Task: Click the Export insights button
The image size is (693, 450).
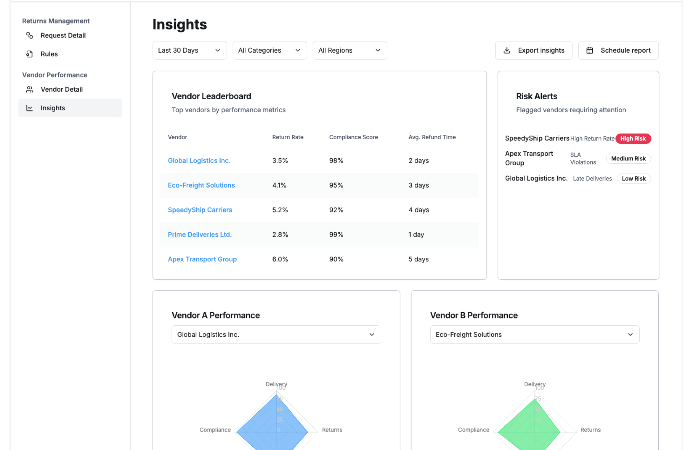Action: coord(533,50)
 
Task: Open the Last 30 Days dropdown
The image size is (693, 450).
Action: coord(189,50)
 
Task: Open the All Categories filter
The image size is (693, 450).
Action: coord(269,50)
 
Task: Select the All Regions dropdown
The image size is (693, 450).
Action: coord(349,50)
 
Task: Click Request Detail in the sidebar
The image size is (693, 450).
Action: coord(63,35)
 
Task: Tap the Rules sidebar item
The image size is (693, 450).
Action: coord(49,54)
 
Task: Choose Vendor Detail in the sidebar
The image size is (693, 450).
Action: coord(61,89)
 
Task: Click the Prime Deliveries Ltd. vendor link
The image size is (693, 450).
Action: coord(200,235)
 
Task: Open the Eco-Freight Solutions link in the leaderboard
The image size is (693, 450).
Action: coord(201,185)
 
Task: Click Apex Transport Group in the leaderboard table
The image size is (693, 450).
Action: coord(202,259)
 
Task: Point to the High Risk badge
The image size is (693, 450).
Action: coord(633,139)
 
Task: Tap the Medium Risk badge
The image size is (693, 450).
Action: coord(628,159)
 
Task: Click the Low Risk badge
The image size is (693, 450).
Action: coord(633,179)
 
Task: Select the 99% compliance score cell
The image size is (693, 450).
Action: coord(336,235)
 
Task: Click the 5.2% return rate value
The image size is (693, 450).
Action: coord(280,210)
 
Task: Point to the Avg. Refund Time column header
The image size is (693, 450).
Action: coord(432,137)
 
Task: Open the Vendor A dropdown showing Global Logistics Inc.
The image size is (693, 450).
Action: coord(276,335)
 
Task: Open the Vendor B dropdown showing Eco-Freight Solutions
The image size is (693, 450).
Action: coord(534,335)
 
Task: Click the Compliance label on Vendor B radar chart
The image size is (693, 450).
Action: coord(473,430)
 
